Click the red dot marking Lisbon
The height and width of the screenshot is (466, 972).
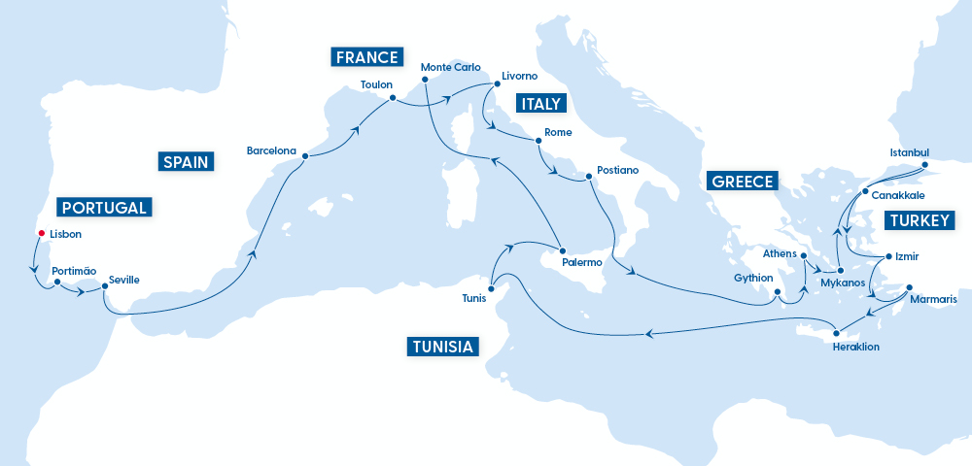pyautogui.click(x=41, y=234)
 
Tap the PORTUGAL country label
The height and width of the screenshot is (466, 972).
pyautogui.click(x=104, y=207)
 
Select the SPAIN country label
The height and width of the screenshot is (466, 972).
pyautogui.click(x=185, y=161)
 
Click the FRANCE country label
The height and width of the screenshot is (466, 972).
pyautogui.click(x=367, y=57)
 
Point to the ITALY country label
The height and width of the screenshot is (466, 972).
pyautogui.click(x=542, y=105)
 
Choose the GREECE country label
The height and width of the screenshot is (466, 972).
pyautogui.click(x=743, y=182)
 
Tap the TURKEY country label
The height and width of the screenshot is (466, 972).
pyautogui.click(x=918, y=221)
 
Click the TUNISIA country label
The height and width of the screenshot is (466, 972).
pyautogui.click(x=442, y=347)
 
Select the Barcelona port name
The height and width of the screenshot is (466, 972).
pyautogui.click(x=271, y=150)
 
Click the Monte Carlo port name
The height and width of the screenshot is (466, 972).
pyautogui.click(x=450, y=67)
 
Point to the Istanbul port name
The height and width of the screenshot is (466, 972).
pyautogui.click(x=910, y=152)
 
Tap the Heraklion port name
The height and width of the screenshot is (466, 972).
pyautogui.click(x=855, y=346)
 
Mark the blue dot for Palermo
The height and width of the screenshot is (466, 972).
pyautogui.click(x=563, y=250)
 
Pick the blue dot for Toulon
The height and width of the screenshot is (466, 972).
pyautogui.click(x=392, y=98)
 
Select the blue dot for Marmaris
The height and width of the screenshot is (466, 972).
pyautogui.click(x=909, y=287)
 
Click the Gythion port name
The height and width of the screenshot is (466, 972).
pyautogui.click(x=753, y=278)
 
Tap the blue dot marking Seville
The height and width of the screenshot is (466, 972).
pyautogui.click(x=103, y=286)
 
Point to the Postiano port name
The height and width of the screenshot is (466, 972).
pyautogui.click(x=618, y=170)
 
